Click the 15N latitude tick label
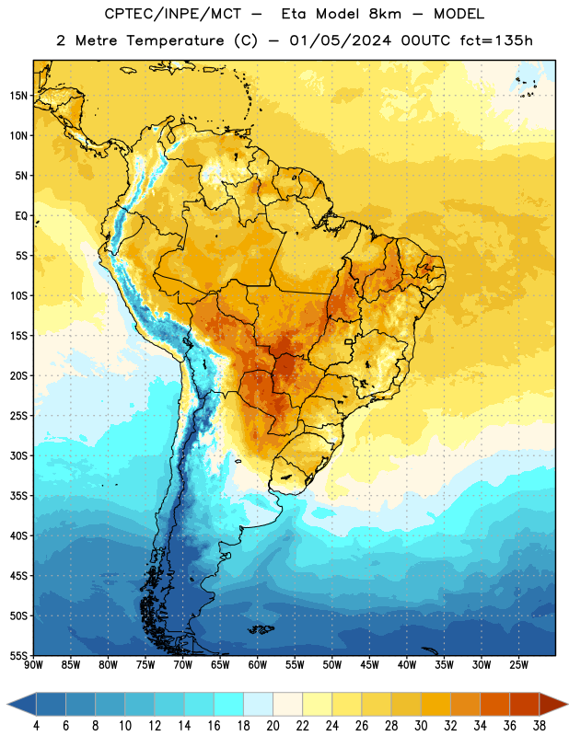[18, 96]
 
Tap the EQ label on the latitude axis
[21, 216]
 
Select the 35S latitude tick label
[18, 496]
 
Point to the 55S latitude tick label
[18, 656]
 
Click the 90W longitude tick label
[33, 664]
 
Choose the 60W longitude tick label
[258, 664]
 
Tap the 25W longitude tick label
[518, 664]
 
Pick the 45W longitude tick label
[369, 664]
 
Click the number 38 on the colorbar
[539, 726]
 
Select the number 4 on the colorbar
[36, 726]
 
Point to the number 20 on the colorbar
[273, 726]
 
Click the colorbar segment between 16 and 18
[229, 705]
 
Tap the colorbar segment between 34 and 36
[494, 705]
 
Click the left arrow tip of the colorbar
[7, 705]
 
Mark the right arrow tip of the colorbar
[568, 705]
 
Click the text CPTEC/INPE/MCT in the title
[173, 14]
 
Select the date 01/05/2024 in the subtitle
[340, 40]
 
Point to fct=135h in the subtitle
[496, 40]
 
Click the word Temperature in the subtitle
[175, 40]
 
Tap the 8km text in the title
[385, 14]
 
